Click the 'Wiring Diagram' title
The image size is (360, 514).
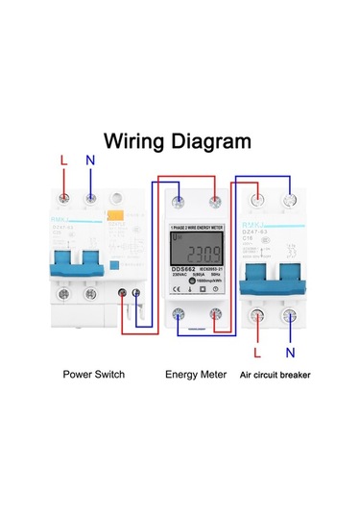tap(178, 141)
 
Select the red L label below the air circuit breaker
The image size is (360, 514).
tap(257, 352)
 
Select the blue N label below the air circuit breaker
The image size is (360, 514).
tap(291, 352)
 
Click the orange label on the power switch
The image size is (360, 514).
tap(111, 217)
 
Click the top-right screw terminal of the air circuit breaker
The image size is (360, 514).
tap(289, 200)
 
